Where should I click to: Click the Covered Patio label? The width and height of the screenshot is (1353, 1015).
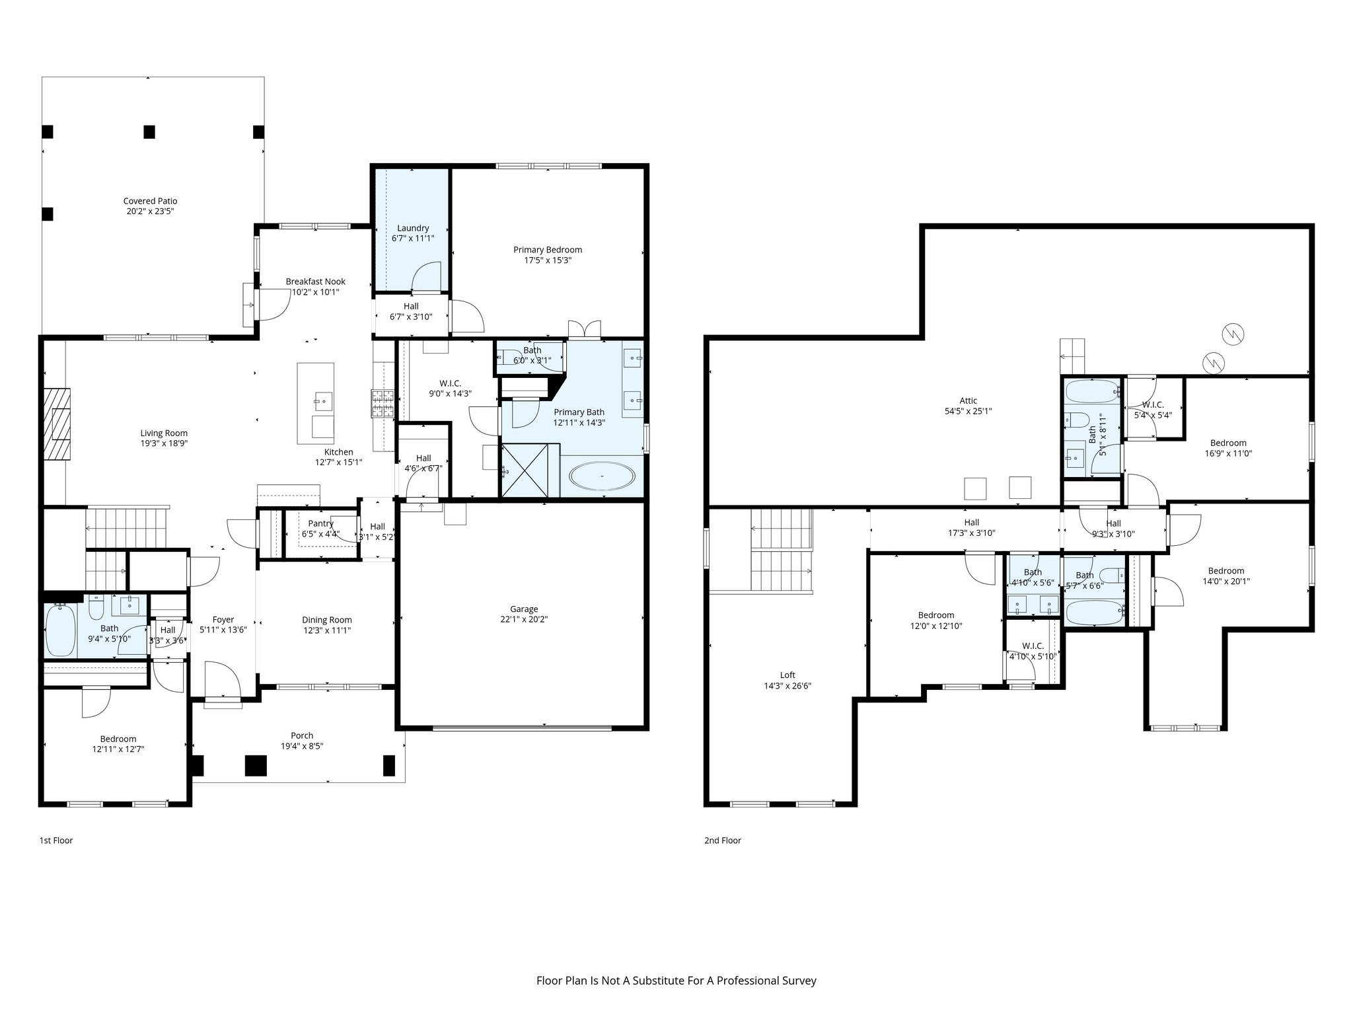150,201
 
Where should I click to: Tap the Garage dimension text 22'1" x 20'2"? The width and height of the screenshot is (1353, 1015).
524,619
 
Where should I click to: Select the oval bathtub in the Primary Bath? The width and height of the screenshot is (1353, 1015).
603,476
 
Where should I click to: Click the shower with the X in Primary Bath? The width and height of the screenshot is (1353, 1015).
525,470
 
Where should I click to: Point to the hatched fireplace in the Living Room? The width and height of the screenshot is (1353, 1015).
58,423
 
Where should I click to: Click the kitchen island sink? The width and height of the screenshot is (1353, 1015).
324,400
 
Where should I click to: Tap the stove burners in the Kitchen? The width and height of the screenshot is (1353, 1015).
383,404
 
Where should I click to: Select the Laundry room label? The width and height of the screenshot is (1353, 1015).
413,228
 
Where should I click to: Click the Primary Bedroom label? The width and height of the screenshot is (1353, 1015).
548,250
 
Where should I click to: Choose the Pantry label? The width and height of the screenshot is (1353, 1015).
320,523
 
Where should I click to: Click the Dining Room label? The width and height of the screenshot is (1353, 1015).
326,620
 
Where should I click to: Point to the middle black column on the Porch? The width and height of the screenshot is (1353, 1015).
256,765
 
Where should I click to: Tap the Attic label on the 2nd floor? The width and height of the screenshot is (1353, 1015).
968,400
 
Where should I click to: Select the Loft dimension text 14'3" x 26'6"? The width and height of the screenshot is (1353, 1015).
787,686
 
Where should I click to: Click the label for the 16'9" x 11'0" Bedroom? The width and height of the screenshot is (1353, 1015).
1228,443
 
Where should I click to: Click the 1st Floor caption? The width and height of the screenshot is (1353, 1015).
56,841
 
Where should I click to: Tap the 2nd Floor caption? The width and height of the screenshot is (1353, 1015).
723,841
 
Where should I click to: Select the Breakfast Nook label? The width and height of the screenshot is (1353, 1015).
315,282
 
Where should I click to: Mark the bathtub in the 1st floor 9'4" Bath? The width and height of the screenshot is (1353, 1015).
60,630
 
